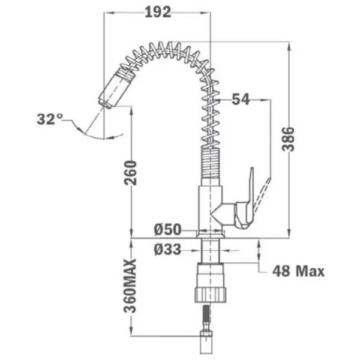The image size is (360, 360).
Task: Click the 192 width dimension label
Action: point(158,12)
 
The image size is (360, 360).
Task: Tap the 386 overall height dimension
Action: point(288,139)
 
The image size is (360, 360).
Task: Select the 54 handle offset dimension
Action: point(241,100)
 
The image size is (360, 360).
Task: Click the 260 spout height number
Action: point(130,173)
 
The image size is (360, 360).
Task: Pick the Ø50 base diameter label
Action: point(167,229)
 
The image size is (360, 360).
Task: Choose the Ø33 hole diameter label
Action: point(167,249)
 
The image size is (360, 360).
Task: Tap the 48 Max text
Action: point(298,271)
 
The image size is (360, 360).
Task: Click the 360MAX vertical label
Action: point(130,286)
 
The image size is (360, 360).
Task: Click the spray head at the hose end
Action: point(115,87)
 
